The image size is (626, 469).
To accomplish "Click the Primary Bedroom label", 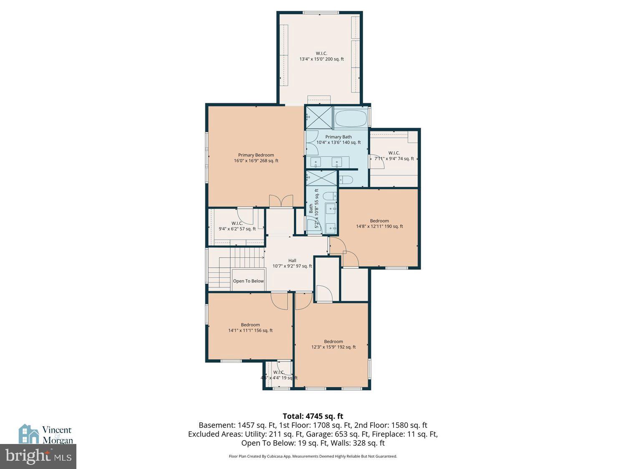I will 256,158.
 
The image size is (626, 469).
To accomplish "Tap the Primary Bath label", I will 338,140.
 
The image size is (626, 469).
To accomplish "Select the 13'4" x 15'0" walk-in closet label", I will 321,56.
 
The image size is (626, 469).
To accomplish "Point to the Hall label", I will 292,263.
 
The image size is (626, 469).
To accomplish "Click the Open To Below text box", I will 248,281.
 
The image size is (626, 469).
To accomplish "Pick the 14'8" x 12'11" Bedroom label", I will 379,224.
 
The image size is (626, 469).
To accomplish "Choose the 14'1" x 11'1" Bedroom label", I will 250,328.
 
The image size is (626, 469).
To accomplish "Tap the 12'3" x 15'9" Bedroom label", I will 333,344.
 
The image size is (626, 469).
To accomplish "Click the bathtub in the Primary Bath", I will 351,118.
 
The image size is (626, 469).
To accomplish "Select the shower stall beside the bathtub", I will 319,118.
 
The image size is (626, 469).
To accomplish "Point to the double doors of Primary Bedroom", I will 281,201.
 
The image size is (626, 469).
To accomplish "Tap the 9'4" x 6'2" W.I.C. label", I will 237,226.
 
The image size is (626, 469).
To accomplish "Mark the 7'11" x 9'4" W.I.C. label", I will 394,156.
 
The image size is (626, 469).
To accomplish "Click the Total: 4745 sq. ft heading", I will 313,416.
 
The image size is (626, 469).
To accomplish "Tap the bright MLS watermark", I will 38,456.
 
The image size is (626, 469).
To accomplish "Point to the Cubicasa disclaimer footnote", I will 313,456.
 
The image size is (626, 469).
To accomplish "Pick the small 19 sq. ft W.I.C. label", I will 279,375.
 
